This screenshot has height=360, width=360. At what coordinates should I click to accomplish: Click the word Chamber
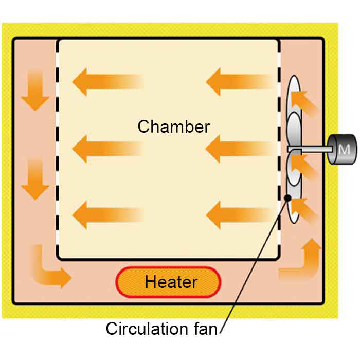click(x=173, y=127)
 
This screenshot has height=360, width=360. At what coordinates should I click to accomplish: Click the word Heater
click(x=171, y=282)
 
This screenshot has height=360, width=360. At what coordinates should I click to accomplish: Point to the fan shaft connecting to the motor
click(x=309, y=150)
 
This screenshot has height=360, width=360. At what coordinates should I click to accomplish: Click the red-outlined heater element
click(x=169, y=282)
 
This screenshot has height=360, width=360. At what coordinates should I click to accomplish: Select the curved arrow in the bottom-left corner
click(x=49, y=267)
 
